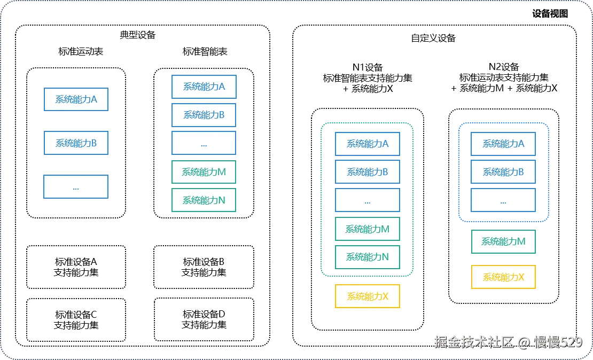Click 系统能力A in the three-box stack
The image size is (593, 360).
click(76, 99)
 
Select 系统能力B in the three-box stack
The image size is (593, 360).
click(76, 143)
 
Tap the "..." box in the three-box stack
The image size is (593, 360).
click(76, 187)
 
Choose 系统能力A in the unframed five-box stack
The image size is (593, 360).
click(204, 87)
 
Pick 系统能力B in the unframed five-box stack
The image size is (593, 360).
click(204, 115)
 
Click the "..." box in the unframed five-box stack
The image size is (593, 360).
click(204, 143)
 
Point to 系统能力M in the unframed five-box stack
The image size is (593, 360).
click(204, 172)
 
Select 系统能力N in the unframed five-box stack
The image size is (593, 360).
click(204, 200)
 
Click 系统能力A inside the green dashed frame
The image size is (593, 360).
click(368, 144)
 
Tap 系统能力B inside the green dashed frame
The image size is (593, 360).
click(368, 172)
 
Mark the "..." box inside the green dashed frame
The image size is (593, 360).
click(368, 200)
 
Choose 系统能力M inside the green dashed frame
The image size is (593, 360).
click(368, 229)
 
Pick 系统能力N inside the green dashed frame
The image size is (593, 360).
click(368, 257)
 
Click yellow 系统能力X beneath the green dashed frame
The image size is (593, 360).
click(368, 296)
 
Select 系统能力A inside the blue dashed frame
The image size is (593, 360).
click(503, 144)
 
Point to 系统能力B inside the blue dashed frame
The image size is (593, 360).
click(503, 172)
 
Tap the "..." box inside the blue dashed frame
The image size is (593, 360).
click(503, 200)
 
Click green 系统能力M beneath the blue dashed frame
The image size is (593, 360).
click(503, 241)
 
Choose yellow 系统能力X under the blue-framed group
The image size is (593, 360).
click(503, 277)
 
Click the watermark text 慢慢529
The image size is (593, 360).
click(558, 342)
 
